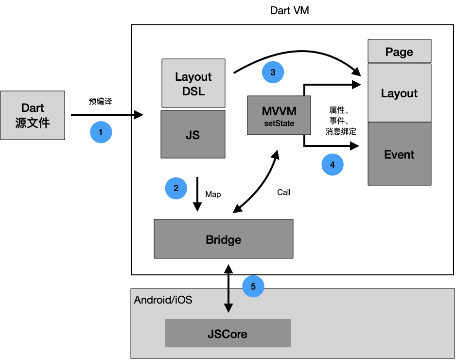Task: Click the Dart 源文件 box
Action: click(33, 115)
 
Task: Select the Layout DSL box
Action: click(193, 83)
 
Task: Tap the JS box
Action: click(193, 134)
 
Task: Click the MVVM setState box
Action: click(279, 115)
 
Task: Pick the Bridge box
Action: click(223, 239)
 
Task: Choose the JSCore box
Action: click(228, 333)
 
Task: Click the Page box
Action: click(399, 51)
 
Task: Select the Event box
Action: click(399, 154)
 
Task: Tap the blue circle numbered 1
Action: click(101, 132)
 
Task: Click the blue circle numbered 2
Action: click(176, 188)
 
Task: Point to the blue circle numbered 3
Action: click(273, 72)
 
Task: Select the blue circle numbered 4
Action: click(333, 164)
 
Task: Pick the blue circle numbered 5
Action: click(253, 286)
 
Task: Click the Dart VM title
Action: click(289, 11)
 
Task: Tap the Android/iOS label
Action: click(163, 300)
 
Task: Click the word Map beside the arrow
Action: click(213, 194)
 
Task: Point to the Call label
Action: click(283, 192)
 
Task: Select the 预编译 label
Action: click(100, 101)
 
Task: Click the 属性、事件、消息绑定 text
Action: click(341, 121)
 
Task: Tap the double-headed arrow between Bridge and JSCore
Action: click(228, 288)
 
